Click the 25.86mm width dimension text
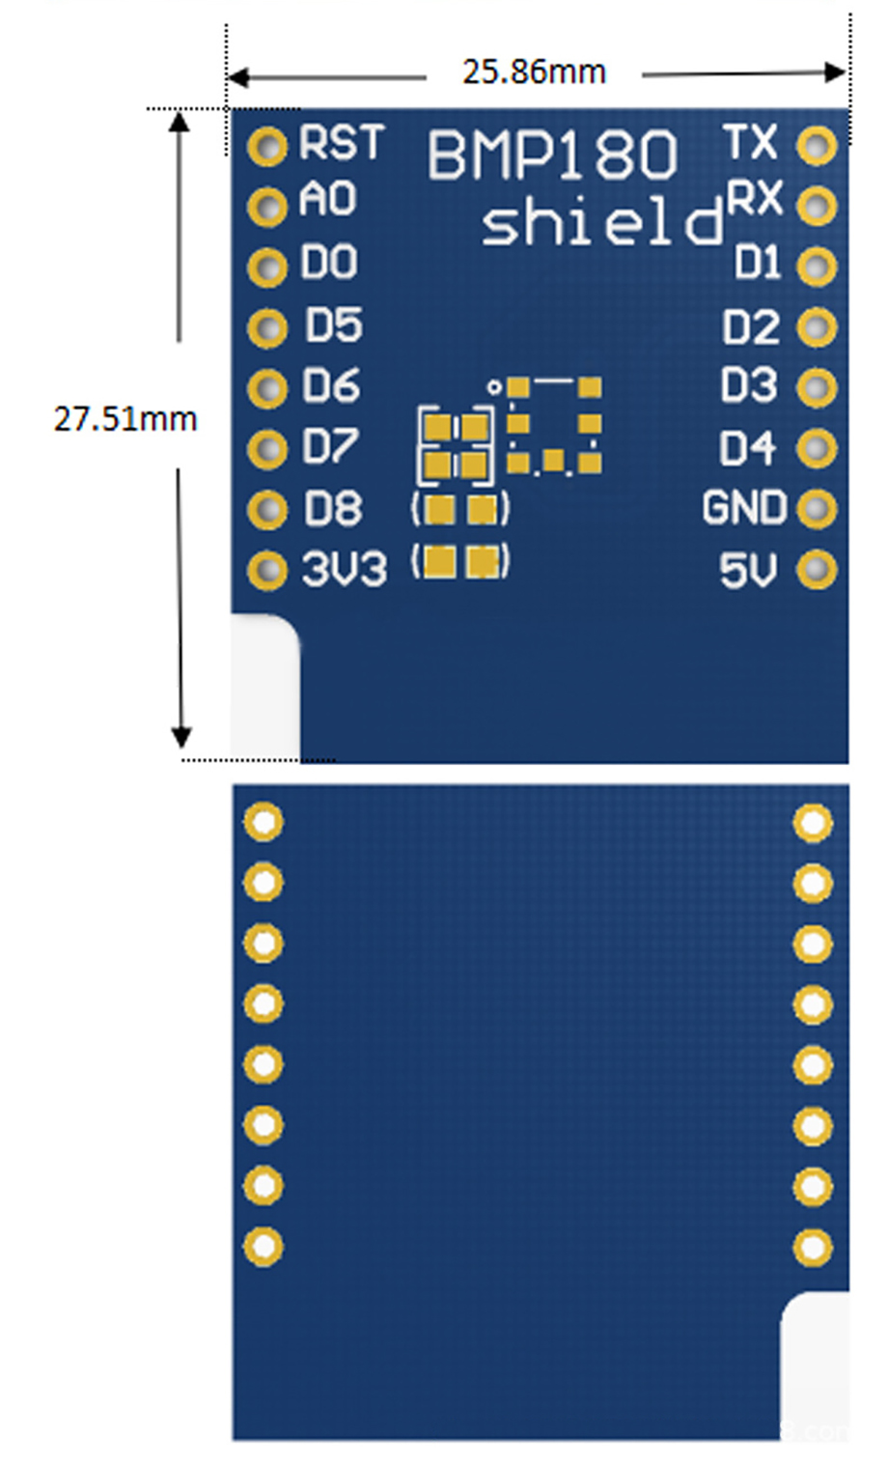tap(534, 71)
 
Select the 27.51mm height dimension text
tap(125, 419)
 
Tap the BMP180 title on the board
tap(552, 155)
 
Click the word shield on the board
tap(603, 223)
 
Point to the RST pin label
tap(341, 142)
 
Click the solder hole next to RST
tap(267, 146)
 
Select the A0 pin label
tap(328, 199)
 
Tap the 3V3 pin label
tap(345, 569)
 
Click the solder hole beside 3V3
tap(267, 570)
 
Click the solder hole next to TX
tap(817, 146)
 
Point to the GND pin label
tap(745, 507)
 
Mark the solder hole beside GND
tap(817, 508)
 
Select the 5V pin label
tap(749, 570)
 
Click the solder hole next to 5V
tap(817, 569)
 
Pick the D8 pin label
tap(333, 508)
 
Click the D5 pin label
tap(334, 324)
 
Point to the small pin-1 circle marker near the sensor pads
tap(495, 387)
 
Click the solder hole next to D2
tap(817, 326)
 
